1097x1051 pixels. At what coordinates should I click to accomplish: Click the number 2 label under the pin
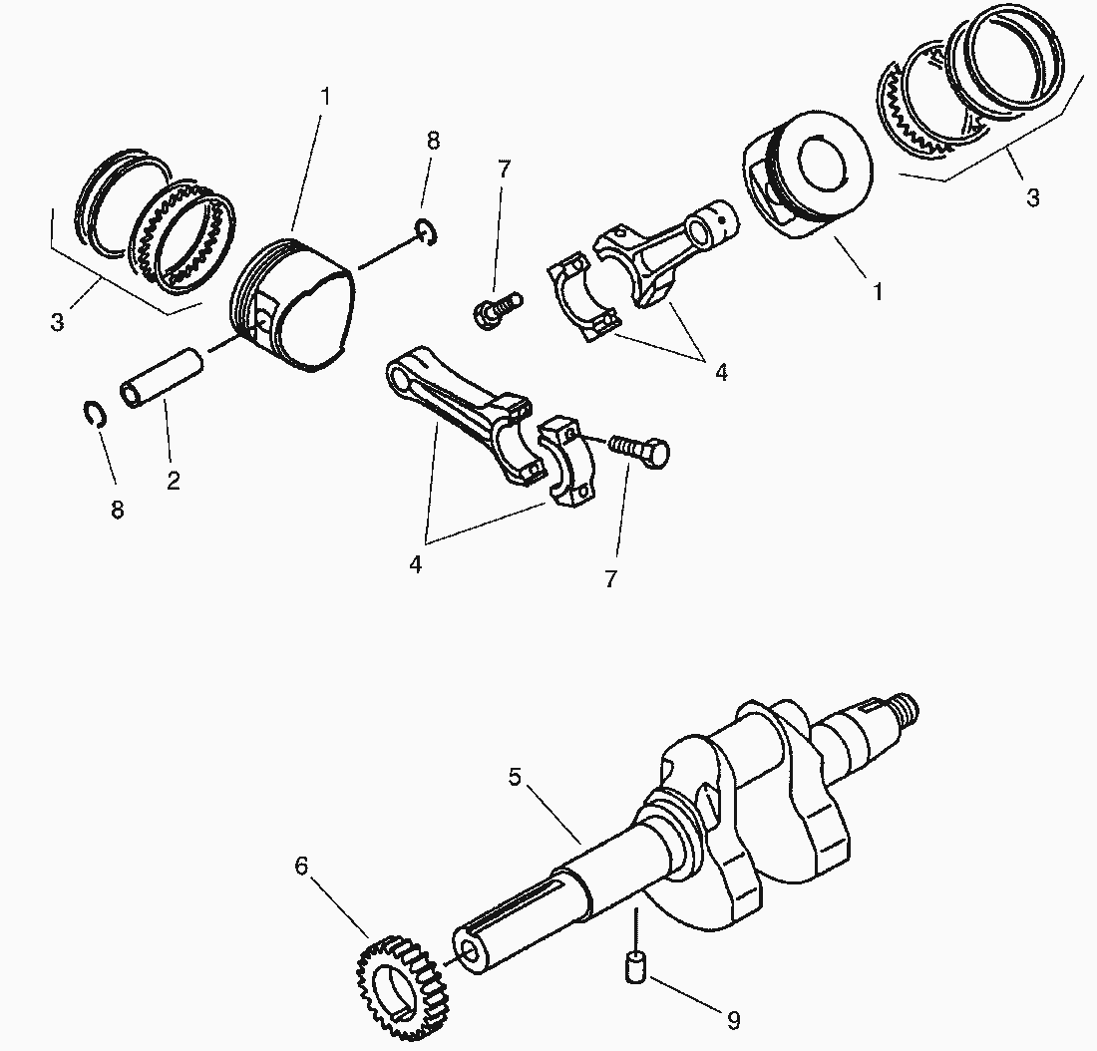(174, 480)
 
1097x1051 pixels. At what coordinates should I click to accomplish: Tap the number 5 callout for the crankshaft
(515, 777)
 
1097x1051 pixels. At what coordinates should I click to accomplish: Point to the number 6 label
(302, 866)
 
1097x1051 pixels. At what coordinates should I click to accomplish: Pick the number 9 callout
(733, 1020)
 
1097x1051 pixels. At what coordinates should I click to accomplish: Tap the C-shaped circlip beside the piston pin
(94, 414)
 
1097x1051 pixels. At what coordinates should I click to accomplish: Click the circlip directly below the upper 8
(425, 232)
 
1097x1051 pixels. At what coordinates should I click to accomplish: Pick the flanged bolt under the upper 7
(494, 308)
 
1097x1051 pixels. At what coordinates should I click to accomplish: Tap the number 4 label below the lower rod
(416, 563)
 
